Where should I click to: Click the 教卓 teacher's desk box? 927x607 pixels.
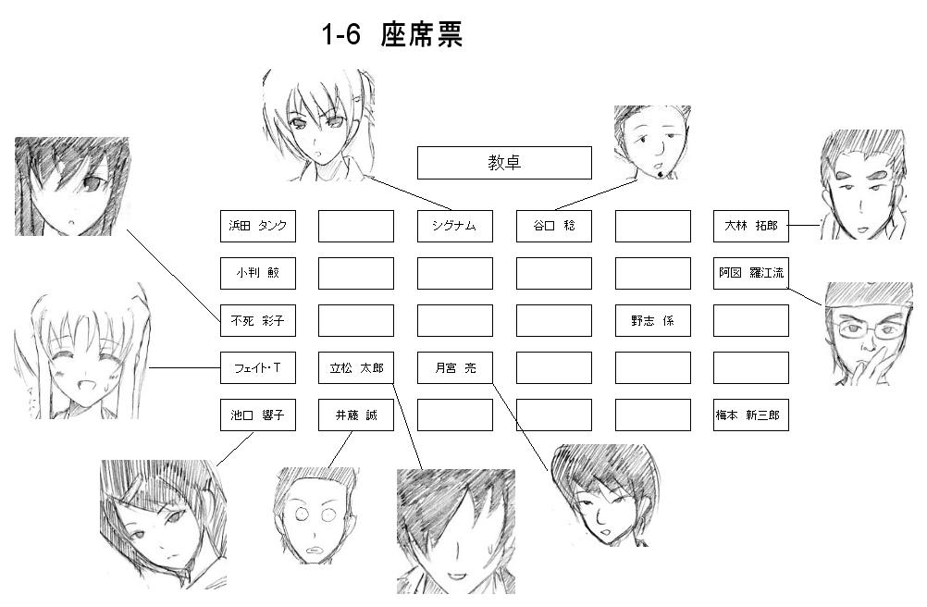click(504, 163)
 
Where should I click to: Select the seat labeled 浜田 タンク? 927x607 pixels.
click(258, 226)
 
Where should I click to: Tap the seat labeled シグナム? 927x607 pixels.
click(454, 226)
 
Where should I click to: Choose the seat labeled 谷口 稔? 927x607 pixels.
click(553, 226)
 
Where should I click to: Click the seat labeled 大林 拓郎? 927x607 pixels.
click(751, 226)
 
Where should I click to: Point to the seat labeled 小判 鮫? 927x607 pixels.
click(258, 273)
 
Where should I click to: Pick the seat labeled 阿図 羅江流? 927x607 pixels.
click(751, 273)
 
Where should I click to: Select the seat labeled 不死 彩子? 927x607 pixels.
click(258, 321)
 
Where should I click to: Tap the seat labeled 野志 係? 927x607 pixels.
click(652, 321)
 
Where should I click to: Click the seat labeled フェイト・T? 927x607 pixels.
click(258, 368)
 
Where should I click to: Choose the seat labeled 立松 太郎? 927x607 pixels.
click(356, 368)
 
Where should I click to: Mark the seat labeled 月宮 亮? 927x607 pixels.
click(454, 368)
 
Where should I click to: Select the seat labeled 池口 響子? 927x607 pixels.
click(258, 415)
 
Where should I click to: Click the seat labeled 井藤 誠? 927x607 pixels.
click(356, 415)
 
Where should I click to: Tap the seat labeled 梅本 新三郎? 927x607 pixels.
click(751, 415)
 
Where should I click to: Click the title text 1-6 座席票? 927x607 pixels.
click(391, 36)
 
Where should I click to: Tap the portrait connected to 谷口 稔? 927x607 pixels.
click(652, 142)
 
